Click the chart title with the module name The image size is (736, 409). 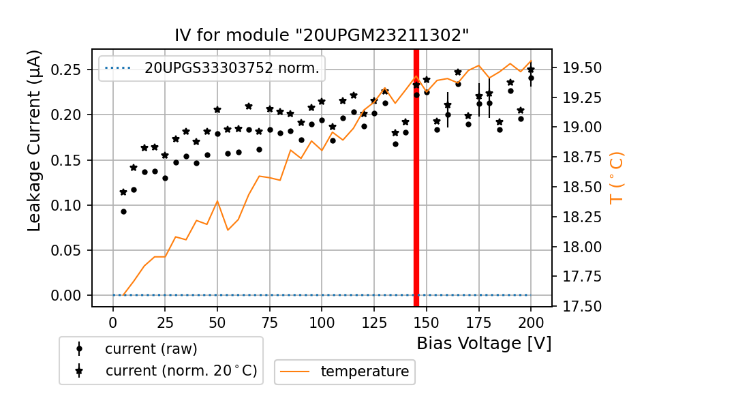[322, 35]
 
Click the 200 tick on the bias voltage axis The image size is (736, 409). [531, 322]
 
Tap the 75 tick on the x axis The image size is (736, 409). [269, 322]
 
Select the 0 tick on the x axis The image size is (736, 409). [113, 322]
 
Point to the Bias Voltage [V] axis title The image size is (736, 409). [484, 344]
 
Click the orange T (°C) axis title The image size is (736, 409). [617, 177]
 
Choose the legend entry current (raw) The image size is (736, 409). [151, 349]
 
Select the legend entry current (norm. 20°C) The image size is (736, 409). [181, 371]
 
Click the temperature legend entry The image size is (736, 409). [365, 372]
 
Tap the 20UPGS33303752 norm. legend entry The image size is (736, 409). [231, 68]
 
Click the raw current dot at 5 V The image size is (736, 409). [123, 211]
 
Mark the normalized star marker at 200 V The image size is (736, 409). [531, 70]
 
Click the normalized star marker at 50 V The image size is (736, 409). [217, 110]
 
